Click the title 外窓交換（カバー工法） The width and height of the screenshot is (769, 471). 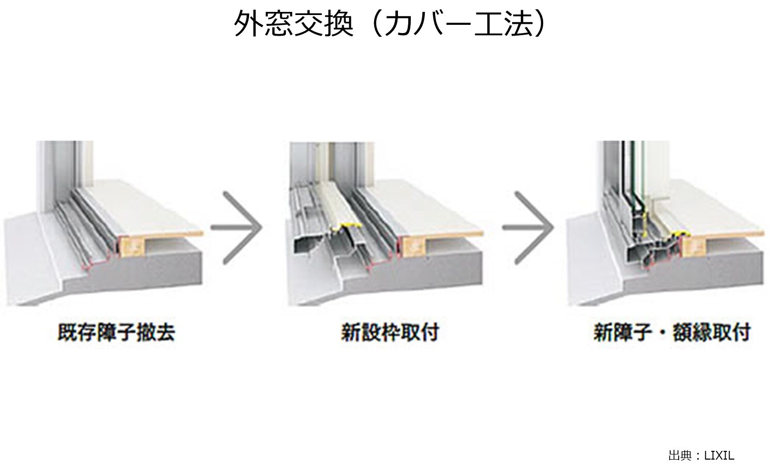click(390, 23)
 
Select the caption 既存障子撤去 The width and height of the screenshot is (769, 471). click(116, 332)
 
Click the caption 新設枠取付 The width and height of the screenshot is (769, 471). click(390, 332)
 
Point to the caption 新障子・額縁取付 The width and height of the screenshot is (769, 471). click(672, 332)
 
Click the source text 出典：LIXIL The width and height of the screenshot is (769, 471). click(701, 455)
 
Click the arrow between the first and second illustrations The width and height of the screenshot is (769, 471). click(237, 228)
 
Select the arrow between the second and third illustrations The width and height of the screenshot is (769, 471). click(528, 228)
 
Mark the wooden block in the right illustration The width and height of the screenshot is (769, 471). click(694, 247)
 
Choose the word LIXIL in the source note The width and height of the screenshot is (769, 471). click(719, 455)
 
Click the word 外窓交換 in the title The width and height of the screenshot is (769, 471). click(294, 23)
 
